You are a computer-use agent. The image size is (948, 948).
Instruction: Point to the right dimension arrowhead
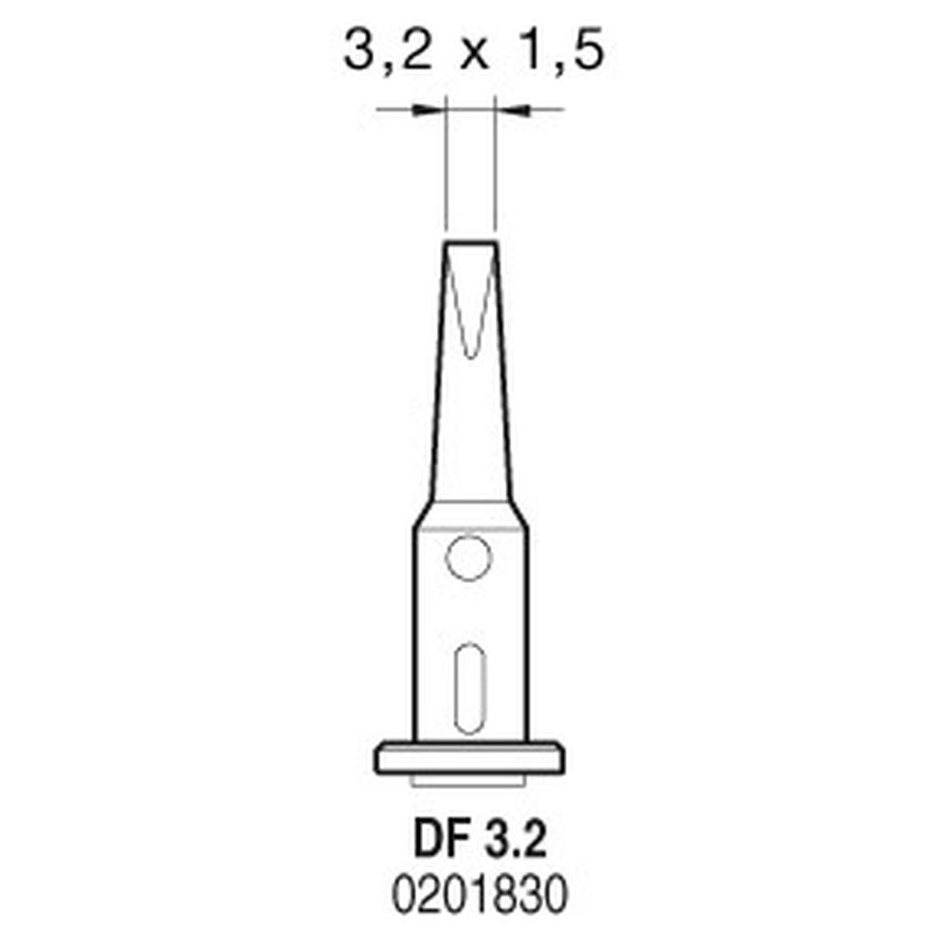point(509,111)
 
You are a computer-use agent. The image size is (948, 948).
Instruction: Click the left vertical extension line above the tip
point(445,171)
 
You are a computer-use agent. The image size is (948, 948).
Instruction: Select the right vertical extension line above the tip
point(497,171)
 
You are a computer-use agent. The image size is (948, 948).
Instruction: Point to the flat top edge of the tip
point(470,244)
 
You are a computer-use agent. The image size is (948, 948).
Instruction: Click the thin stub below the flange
point(470,781)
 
